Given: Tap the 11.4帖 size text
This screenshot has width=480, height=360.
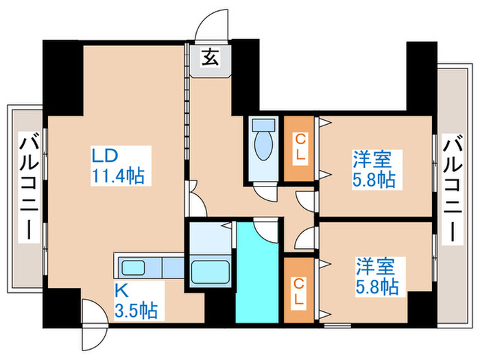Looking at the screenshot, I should tap(118, 176).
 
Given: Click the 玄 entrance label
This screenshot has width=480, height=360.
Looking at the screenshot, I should tap(210, 58).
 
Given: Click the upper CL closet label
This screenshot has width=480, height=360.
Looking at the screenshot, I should tap(300, 148).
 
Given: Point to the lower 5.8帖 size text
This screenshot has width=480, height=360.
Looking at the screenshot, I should tap(377, 286).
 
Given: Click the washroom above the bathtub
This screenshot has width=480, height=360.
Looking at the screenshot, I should tap(209, 239).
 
